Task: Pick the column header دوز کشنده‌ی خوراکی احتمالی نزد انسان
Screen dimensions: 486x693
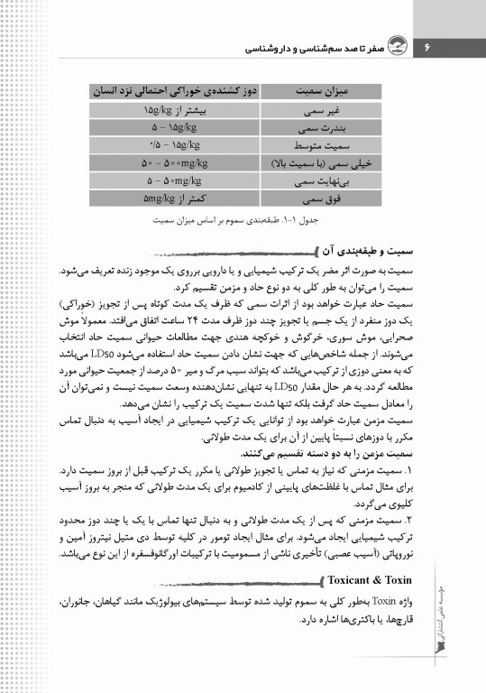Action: point(171,91)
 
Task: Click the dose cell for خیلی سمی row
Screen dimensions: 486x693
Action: point(171,163)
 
